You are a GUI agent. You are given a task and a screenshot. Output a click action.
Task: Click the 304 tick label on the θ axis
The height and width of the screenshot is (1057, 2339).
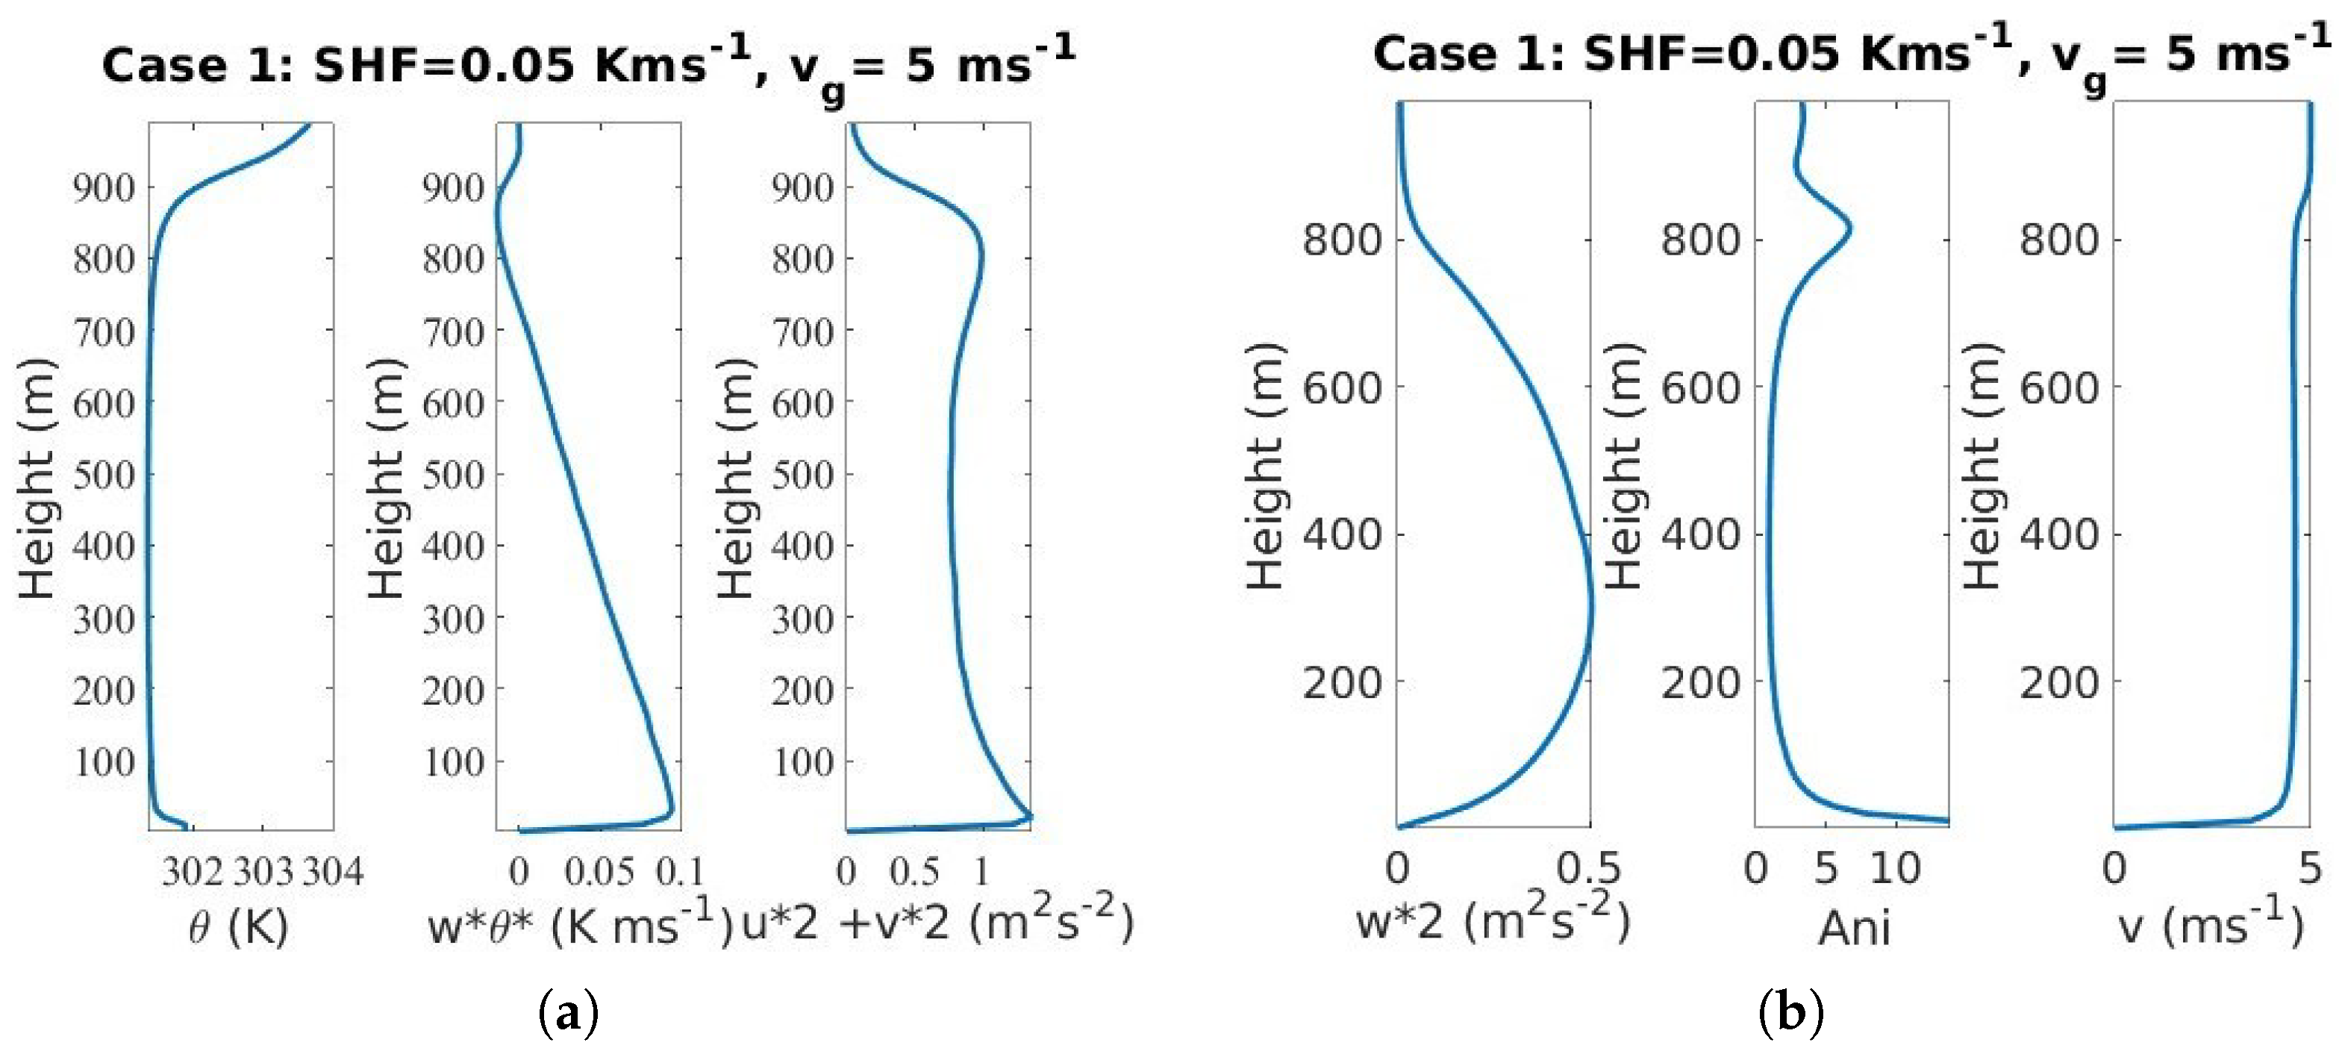coord(333,873)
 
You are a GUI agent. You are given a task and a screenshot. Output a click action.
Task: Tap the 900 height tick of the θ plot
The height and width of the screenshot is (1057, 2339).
coord(104,188)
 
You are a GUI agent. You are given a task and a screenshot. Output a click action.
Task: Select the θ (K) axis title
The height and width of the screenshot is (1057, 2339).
coord(239,927)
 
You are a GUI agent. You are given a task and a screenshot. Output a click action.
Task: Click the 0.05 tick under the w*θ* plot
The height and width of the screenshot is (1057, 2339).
coord(599,873)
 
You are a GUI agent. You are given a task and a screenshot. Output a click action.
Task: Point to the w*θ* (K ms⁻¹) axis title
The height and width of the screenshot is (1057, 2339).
coord(579,926)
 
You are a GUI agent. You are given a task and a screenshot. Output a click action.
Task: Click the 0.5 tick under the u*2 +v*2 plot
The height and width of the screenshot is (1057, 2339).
coord(914,873)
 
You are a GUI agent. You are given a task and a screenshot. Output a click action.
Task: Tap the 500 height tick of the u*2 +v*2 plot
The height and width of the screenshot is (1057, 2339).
coord(802,474)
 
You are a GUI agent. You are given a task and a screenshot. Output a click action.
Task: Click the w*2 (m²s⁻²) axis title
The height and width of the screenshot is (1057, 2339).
coord(1493,922)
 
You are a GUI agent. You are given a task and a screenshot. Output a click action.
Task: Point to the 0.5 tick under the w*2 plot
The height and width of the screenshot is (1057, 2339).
coord(1589,869)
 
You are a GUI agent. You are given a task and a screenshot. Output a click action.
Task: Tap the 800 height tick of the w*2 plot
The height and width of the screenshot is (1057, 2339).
coord(1342,240)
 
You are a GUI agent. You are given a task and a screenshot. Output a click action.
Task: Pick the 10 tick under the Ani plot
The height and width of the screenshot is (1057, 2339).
coord(1895,869)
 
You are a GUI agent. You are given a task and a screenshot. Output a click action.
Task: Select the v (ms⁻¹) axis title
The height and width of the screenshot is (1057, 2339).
coord(2210,926)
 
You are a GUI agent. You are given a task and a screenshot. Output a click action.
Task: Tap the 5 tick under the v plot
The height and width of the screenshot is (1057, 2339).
coord(2310,869)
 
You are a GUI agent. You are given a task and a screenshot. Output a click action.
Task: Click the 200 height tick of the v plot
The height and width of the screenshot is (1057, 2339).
coord(2059,682)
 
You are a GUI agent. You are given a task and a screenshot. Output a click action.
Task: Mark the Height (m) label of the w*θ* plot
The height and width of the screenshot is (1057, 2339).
coord(386,478)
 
